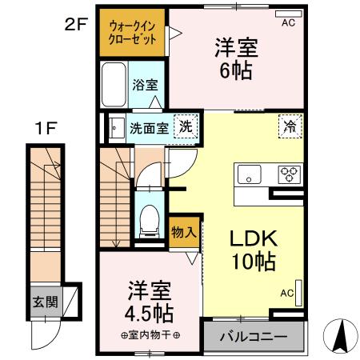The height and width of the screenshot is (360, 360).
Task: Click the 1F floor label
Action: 45,126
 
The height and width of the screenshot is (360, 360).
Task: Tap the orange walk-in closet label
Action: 133,32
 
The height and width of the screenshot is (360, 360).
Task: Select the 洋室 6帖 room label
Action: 233,60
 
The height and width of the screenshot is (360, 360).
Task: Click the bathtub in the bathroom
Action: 113,84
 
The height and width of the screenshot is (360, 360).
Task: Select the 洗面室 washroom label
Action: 149,126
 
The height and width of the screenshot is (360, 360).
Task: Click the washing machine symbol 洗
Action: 185,126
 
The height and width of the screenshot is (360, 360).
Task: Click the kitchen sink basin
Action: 247,173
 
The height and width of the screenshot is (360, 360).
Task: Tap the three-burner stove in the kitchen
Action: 288,173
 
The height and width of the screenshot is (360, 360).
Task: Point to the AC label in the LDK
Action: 287,293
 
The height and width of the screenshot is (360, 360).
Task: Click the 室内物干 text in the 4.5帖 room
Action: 150,334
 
